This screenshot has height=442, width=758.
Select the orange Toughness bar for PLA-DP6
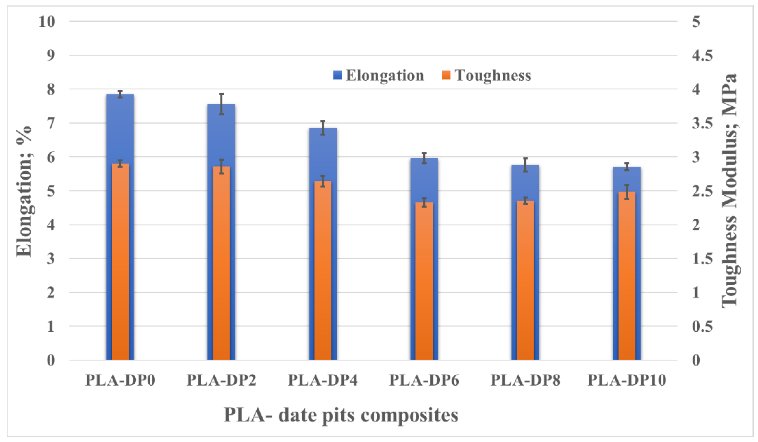[424, 281]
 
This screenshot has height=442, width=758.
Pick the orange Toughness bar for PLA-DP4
[323, 271]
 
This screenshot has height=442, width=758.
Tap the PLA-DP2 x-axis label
[221, 380]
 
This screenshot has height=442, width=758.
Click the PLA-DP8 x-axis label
[526, 380]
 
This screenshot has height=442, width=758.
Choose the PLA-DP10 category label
[627, 380]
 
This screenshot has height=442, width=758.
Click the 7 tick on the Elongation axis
[51, 123]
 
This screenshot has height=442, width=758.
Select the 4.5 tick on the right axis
[702, 55]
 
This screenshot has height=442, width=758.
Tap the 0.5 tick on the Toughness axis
[702, 326]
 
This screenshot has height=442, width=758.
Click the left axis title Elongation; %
[24, 191]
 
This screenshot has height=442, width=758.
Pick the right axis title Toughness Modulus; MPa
[729, 191]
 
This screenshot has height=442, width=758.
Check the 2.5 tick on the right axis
[702, 191]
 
